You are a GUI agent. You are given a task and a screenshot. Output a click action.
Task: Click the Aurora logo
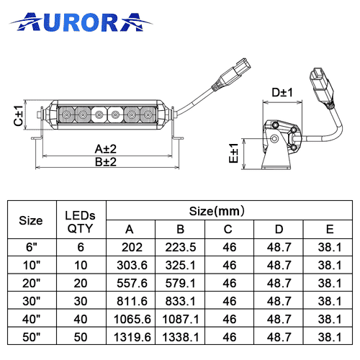coord(81,22)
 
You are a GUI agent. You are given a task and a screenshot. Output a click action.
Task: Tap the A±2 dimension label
coord(106,149)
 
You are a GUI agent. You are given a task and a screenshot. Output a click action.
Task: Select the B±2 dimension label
coord(106,162)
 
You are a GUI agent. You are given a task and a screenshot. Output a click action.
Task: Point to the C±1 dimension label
coord(18,115)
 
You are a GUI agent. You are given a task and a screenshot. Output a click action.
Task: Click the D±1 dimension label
coord(282,92)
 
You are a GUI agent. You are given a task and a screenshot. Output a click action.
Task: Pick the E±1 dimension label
coord(233,153)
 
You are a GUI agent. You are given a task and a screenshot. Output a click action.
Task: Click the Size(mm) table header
coord(217,211)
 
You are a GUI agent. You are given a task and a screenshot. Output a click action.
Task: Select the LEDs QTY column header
coord(80,222)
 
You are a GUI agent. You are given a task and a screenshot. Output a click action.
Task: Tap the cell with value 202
coord(132,247)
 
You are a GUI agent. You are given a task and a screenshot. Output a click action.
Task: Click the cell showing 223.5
coord(181,247)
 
